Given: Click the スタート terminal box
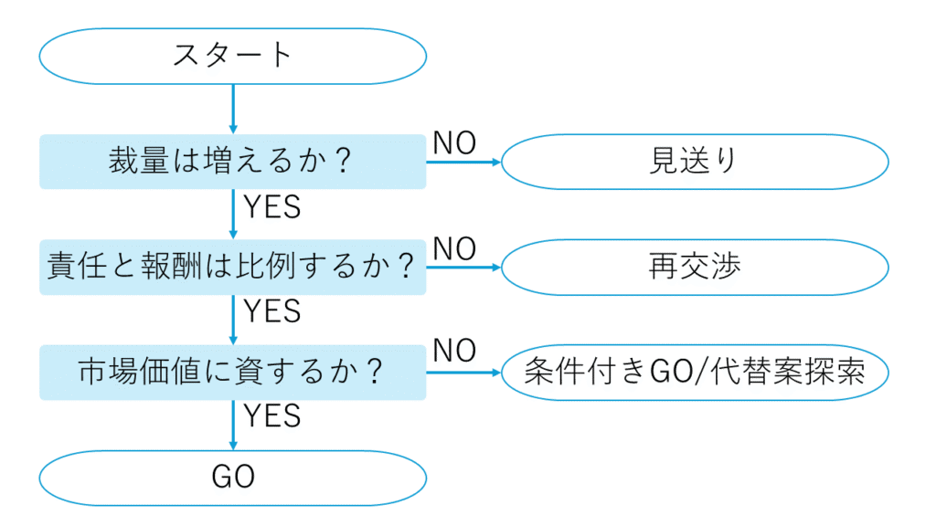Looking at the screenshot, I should pyautogui.click(x=233, y=56).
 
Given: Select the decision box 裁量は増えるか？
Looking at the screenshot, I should pyautogui.click(x=233, y=163).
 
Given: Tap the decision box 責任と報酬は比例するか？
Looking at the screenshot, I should pyautogui.click(x=233, y=268).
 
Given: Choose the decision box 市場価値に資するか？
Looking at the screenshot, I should pyautogui.click(x=233, y=373).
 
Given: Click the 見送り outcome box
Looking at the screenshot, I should pyautogui.click(x=695, y=163).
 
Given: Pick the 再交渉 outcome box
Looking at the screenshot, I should pyautogui.click(x=695, y=268).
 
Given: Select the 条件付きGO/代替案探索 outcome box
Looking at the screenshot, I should pyautogui.click(x=695, y=373).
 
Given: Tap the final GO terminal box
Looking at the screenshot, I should pyautogui.click(x=233, y=478).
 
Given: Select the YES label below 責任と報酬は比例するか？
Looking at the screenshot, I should pyautogui.click(x=272, y=312).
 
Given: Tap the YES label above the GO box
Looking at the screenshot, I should pyautogui.click(x=272, y=416).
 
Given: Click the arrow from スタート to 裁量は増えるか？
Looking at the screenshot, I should pyautogui.click(x=233, y=110).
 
